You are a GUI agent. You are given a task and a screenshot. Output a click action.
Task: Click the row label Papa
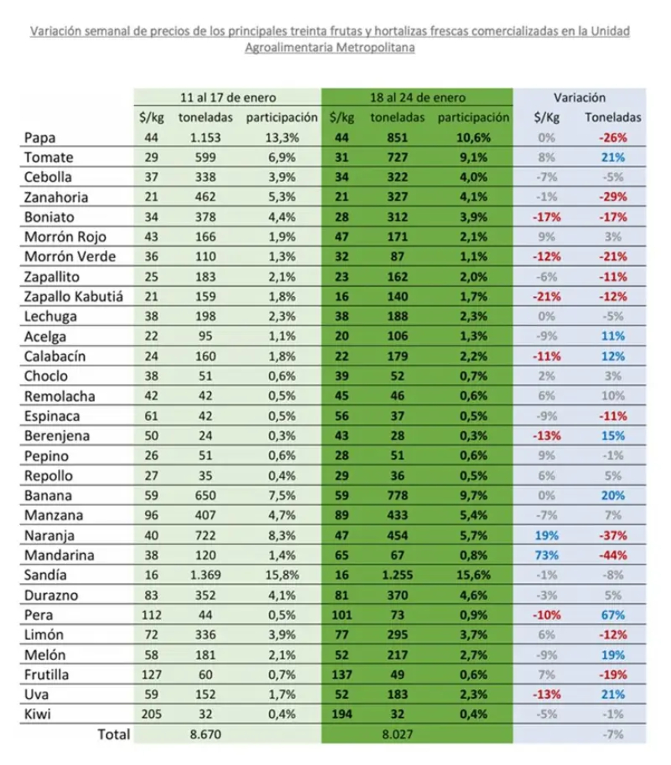pos(40,138)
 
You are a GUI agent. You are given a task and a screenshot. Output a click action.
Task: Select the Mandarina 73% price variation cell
pos(546,555)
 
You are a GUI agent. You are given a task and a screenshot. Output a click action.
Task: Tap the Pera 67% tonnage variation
pos(613,615)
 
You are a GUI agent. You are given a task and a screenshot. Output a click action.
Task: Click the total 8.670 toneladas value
pos(205,734)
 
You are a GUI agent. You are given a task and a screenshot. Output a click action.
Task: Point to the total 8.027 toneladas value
pos(397,734)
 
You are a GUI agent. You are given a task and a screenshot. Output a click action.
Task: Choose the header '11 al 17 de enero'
pos(228,98)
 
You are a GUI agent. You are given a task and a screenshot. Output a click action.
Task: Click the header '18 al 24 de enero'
pos(418,98)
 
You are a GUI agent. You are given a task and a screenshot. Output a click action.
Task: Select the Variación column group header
pos(579,98)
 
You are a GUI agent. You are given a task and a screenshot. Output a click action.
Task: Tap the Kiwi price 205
pos(151,714)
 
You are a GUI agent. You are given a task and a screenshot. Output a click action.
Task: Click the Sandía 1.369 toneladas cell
pos(205,575)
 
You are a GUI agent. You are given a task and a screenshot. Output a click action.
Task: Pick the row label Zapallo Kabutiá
pos(73,297)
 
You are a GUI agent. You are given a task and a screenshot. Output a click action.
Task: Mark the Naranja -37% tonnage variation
pos(613,536)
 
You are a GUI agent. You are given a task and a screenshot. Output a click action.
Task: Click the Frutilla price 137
pos(342,675)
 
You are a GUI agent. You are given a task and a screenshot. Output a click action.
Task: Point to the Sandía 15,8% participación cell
pos(282,575)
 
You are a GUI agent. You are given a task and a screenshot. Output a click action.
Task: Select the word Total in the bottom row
pos(113,734)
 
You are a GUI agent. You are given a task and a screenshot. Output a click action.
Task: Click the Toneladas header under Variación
pos(613,117)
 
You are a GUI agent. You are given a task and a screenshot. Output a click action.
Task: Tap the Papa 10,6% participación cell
pos(473,138)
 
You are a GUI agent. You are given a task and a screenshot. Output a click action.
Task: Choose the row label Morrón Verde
pos(69,257)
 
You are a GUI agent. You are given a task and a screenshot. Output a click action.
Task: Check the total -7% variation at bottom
pos(613,734)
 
